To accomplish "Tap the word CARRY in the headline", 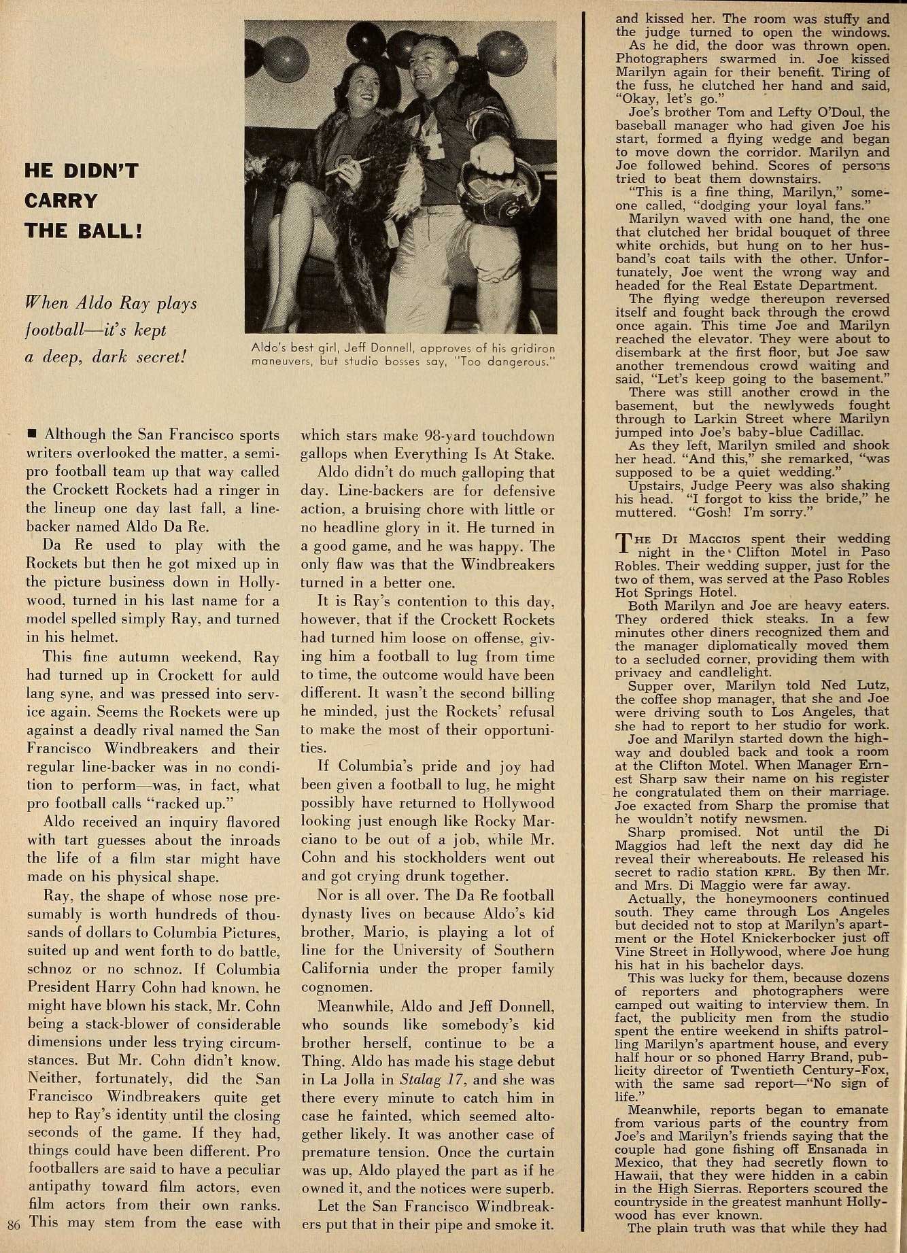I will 61,201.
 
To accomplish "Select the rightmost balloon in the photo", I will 502,53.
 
